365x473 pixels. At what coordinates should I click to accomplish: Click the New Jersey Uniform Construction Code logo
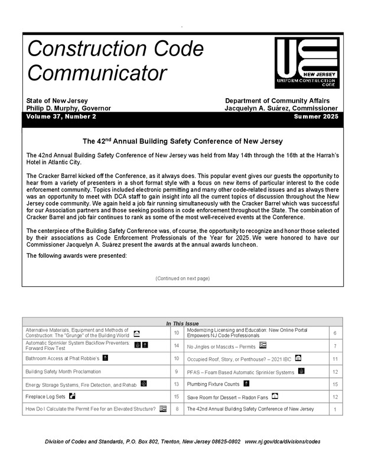click(x=307, y=63)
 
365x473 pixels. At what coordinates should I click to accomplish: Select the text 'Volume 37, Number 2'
click(x=61, y=117)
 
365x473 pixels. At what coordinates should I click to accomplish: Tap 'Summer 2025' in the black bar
click(x=315, y=117)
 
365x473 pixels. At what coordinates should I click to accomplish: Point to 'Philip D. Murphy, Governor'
click(x=68, y=108)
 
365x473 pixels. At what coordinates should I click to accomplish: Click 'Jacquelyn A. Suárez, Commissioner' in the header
click(x=281, y=108)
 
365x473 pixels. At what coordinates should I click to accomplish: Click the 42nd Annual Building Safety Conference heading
click(x=182, y=141)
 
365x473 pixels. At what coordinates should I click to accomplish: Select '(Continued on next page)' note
click(x=182, y=278)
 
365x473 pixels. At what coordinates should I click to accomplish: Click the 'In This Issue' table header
click(x=182, y=323)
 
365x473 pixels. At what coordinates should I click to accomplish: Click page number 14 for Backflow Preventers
click(x=177, y=345)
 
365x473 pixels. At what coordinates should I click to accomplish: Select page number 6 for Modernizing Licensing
click(x=335, y=333)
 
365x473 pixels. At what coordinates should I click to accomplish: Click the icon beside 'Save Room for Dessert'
click(x=275, y=396)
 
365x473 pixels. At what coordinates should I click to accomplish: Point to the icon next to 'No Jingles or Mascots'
click(x=263, y=345)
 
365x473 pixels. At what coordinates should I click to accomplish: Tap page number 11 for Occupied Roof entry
click(x=335, y=358)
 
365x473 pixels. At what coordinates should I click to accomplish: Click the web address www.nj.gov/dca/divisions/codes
click(x=282, y=442)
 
